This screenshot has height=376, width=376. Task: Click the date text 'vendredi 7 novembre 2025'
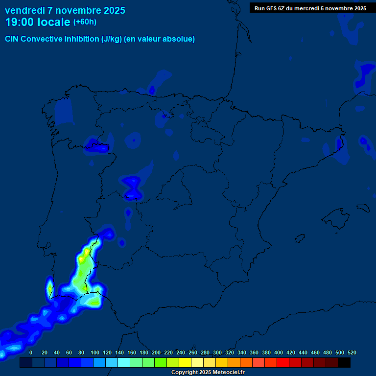pyautogui.click(x=65, y=10)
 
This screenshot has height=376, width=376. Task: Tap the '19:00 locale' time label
pyautogui.click(x=37, y=22)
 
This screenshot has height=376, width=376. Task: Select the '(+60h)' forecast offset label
pyautogui.click(x=85, y=22)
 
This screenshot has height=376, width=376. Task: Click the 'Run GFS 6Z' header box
pyautogui.click(x=310, y=8)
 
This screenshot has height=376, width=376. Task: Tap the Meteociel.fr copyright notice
pyautogui.click(x=208, y=373)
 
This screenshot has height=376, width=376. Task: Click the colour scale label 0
pyautogui.click(x=31, y=352)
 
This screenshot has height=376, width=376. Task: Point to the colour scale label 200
pyautogui.click(x=156, y=352)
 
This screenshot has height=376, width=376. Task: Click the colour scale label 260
pyautogui.click(x=193, y=352)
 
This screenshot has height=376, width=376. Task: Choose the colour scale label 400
pyautogui.click(x=279, y=352)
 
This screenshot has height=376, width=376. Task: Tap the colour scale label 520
pyautogui.click(x=352, y=352)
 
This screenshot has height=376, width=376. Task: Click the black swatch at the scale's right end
pyautogui.click(x=344, y=363)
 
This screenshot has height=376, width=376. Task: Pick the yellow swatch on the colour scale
pyautogui.click(x=185, y=363)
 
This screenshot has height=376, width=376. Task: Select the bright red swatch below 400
pyautogui.click(x=283, y=363)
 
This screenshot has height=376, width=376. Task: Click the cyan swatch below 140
pyautogui.click(x=124, y=363)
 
